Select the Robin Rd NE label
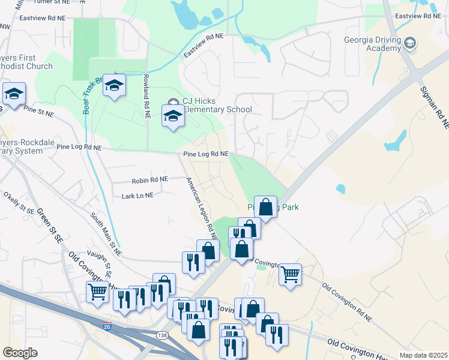click(x=150, y=179)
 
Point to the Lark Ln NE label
click(x=137, y=195)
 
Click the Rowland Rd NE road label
click(x=146, y=96)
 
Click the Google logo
click(x=20, y=353)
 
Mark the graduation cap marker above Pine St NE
click(x=14, y=93)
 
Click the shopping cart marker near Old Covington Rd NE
click(x=290, y=275)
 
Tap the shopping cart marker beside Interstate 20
click(x=97, y=292)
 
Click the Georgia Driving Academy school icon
click(x=409, y=43)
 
